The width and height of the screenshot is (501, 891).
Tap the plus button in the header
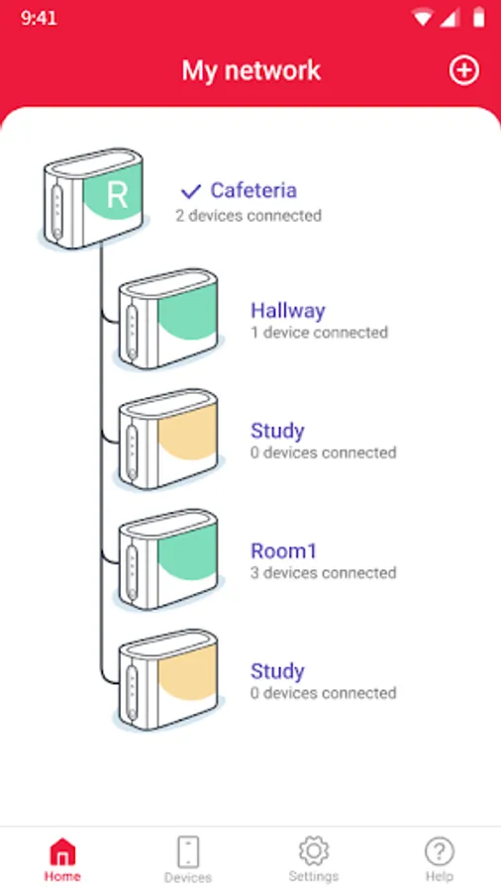click(x=464, y=70)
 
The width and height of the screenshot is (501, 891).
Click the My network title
click(x=251, y=70)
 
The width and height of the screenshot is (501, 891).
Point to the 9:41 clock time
click(x=39, y=18)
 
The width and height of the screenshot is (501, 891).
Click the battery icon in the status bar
click(x=479, y=18)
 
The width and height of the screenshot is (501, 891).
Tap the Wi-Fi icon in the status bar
click(x=423, y=18)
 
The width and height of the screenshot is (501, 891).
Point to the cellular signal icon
click(x=450, y=18)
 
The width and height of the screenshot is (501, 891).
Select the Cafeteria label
click(x=253, y=190)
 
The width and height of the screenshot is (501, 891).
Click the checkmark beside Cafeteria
click(x=191, y=191)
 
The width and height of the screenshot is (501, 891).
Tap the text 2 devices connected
click(x=249, y=216)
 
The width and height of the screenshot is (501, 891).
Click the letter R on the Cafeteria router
click(x=117, y=195)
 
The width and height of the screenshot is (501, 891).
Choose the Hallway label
click(x=288, y=311)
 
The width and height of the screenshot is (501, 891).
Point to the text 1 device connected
click(x=319, y=333)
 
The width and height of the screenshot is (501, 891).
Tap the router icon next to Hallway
click(x=168, y=318)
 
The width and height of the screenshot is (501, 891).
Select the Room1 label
click(x=283, y=550)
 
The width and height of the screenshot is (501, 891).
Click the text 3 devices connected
click(x=323, y=573)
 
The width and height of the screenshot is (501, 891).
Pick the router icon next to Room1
click(x=168, y=558)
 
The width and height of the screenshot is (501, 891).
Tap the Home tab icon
click(x=62, y=851)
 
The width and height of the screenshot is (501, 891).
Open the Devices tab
click(x=188, y=859)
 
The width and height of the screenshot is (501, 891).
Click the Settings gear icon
click(x=314, y=850)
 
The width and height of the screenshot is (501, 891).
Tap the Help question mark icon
click(x=439, y=851)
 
